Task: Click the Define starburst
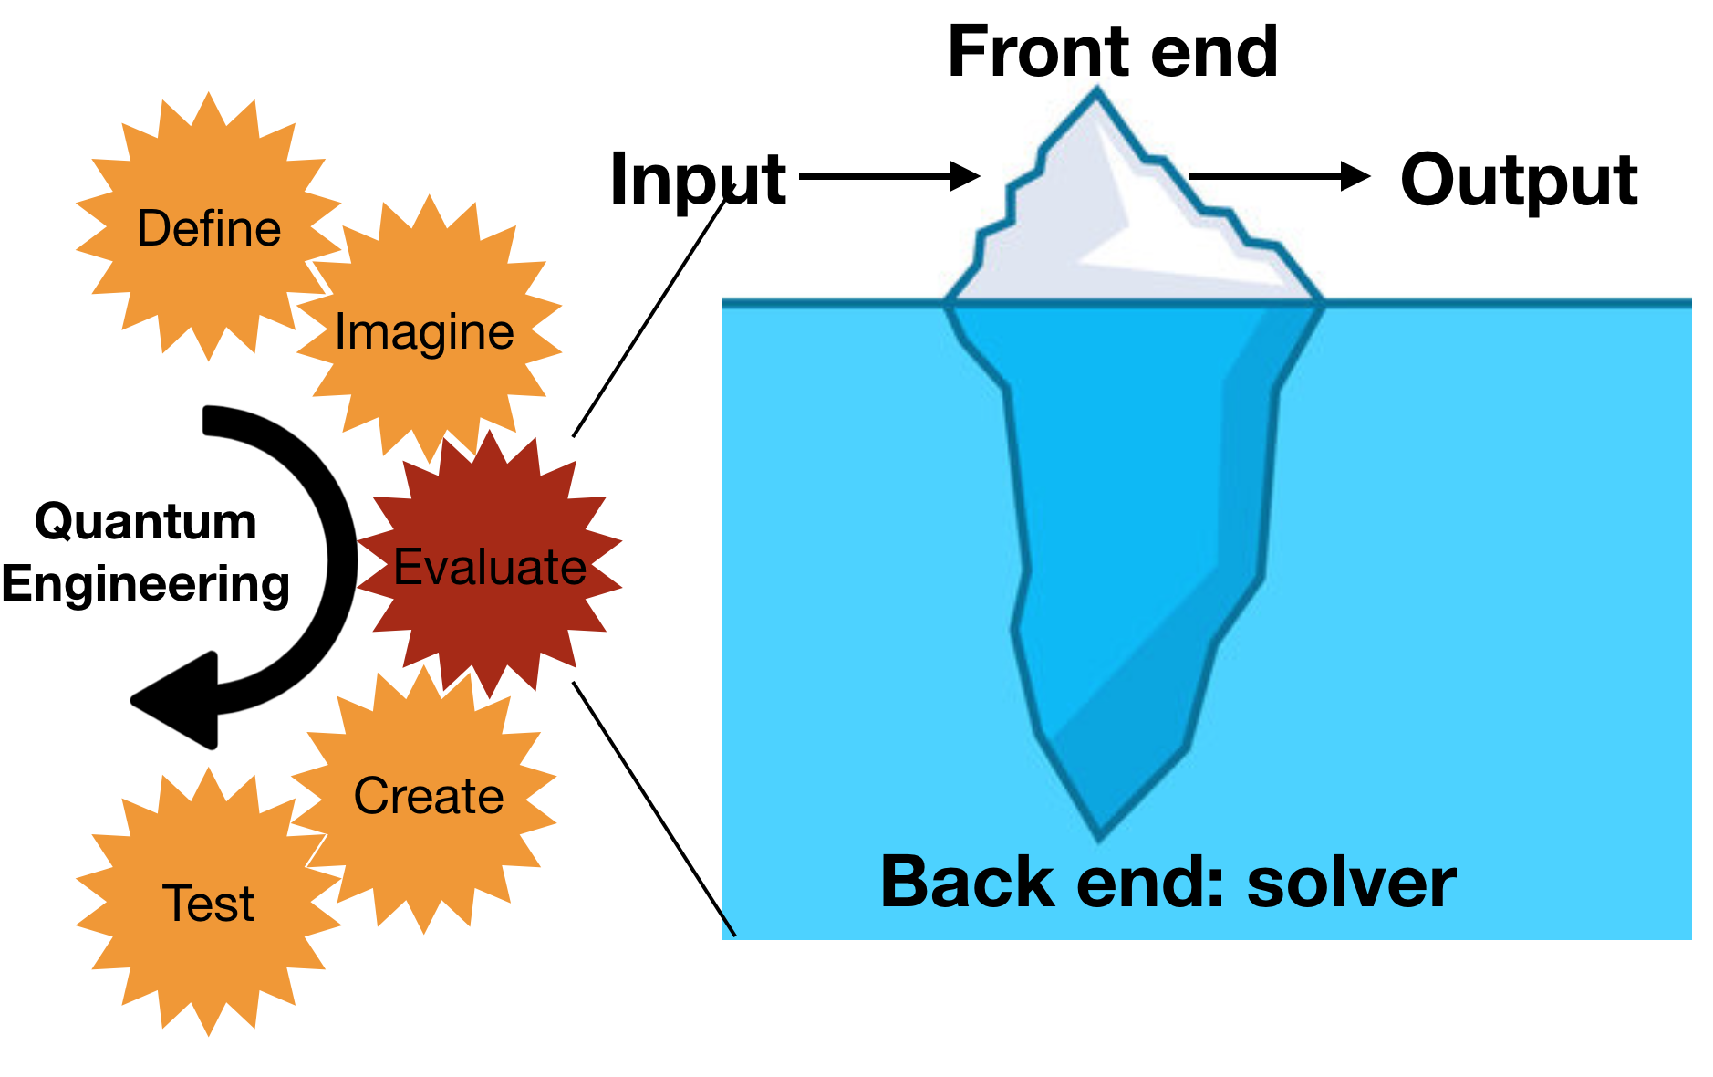(208, 226)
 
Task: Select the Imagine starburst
(425, 330)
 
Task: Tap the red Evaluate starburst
(490, 566)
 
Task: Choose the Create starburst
(428, 796)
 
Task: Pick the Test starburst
(208, 904)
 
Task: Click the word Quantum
(146, 522)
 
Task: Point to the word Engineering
(146, 584)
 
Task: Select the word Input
(698, 180)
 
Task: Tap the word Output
(1519, 180)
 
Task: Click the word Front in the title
(1036, 52)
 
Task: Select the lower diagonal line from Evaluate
(653, 808)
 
